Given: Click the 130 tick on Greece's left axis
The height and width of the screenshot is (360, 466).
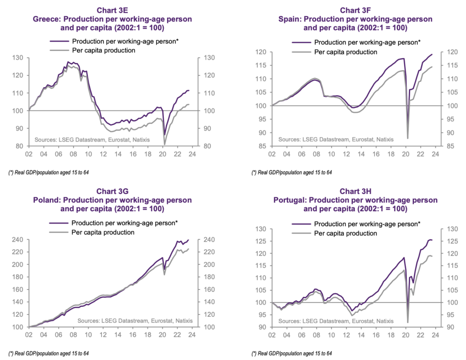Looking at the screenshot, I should tap(18, 58).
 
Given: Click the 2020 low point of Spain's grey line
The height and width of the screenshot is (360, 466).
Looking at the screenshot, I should tap(407, 138).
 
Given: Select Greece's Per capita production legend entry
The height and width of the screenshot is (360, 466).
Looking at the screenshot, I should tap(103, 50).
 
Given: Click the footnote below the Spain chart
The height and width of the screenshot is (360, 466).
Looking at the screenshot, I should tap(291, 173).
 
